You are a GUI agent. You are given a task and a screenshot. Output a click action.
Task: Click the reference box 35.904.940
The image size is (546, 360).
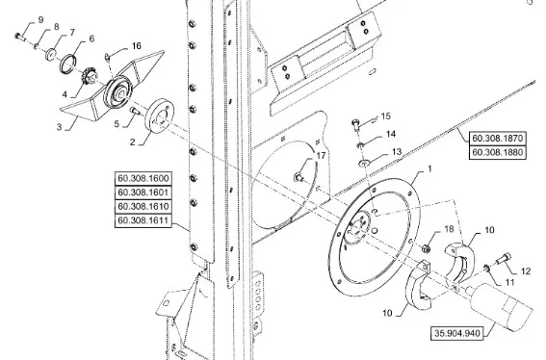click(x=456, y=333)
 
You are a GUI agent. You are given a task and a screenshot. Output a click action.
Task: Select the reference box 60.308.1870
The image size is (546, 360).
click(x=497, y=139)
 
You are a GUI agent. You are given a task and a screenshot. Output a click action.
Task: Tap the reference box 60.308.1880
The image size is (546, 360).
click(x=497, y=152)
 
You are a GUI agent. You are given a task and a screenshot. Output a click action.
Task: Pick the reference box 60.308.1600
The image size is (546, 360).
click(x=143, y=178)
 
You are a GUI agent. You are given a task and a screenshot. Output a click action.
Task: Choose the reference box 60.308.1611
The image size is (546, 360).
click(x=143, y=220)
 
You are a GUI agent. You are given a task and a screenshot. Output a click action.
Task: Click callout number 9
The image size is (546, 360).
click(x=40, y=20)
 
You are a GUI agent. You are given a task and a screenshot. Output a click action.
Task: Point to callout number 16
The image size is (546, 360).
click(x=137, y=45)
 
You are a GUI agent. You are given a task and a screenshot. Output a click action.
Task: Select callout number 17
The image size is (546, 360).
click(x=321, y=156)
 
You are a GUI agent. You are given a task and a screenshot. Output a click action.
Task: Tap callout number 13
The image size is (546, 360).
click(x=397, y=152)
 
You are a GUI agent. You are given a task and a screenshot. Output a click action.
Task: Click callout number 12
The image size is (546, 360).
click(x=526, y=270)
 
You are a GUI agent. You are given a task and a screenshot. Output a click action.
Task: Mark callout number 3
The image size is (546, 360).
click(x=59, y=127)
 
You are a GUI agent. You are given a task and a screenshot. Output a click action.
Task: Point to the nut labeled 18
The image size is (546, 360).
click(x=426, y=248)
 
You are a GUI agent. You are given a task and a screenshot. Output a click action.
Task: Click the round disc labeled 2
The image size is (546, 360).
click(x=160, y=116)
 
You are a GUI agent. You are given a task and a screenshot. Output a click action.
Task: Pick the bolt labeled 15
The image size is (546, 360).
click(x=355, y=124)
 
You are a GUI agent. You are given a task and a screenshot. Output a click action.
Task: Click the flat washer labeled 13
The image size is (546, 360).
click(x=365, y=163)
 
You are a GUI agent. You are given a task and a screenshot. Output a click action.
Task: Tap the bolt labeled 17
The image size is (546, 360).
click(x=299, y=177)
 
